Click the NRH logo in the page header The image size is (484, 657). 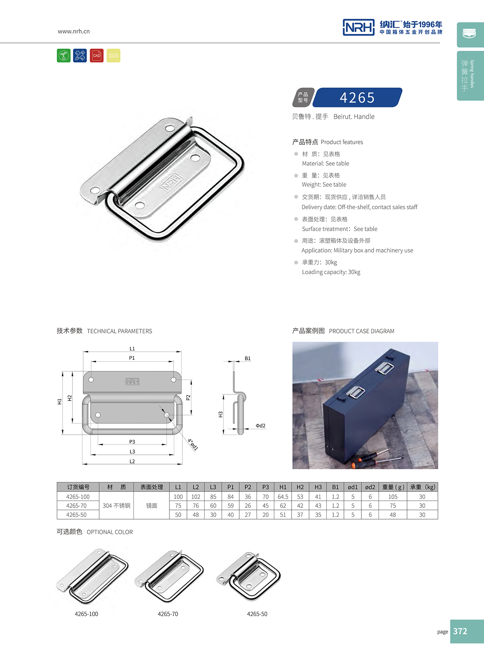[x=358, y=27]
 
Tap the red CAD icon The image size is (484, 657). [x=96, y=56]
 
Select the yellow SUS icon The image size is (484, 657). [x=113, y=56]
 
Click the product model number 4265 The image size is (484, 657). [x=357, y=98]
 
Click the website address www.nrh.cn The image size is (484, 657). [x=74, y=31]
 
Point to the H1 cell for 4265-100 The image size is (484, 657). [x=283, y=497]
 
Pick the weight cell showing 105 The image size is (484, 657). [x=393, y=497]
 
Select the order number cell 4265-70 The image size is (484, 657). [x=77, y=506]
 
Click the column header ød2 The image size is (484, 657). [x=370, y=487]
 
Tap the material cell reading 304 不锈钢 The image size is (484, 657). [x=116, y=506]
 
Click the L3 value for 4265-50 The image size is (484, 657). [x=213, y=515]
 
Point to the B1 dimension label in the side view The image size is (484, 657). [x=247, y=358]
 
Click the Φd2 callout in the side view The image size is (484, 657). [x=260, y=426]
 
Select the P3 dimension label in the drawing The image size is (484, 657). [x=132, y=442]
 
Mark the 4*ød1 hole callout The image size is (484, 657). [x=193, y=445]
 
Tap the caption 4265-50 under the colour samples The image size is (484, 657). [x=257, y=614]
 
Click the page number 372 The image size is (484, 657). [x=460, y=631]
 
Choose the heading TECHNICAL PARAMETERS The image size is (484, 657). [x=119, y=331]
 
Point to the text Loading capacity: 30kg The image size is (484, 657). [x=331, y=272]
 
